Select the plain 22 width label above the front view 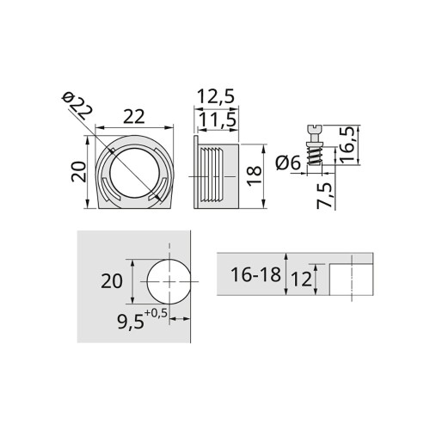point(134,115)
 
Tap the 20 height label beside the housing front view point(77,171)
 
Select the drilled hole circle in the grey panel point(171,281)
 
